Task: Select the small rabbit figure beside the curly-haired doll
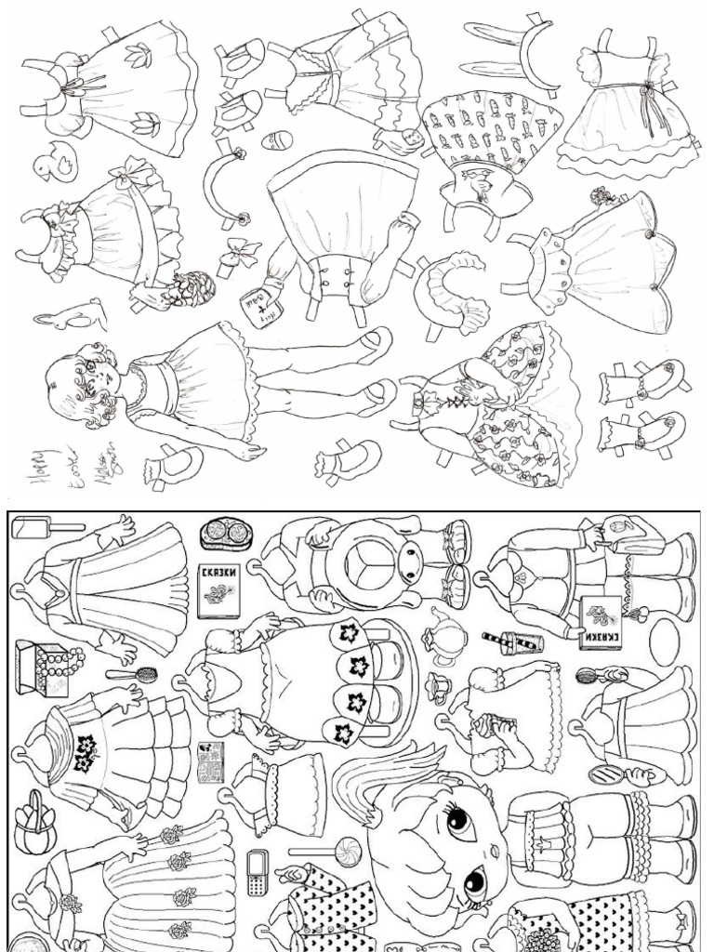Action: tap(71, 314)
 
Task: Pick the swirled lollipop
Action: tap(347, 850)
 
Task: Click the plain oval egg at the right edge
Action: tap(664, 641)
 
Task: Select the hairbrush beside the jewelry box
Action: tap(131, 673)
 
